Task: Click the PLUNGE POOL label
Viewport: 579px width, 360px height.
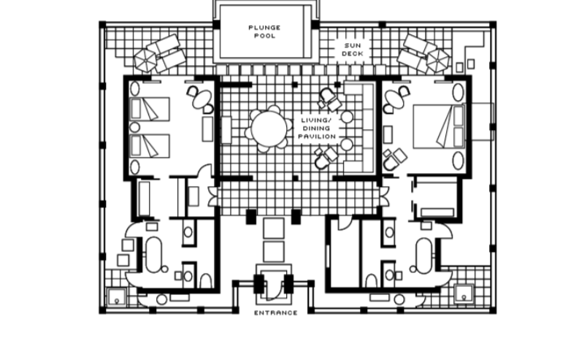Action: pyautogui.click(x=264, y=31)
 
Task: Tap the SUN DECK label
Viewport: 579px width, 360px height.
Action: pyautogui.click(x=352, y=50)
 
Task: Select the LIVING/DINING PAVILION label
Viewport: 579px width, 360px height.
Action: pyautogui.click(x=317, y=129)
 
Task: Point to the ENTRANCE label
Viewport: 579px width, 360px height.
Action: pyautogui.click(x=276, y=313)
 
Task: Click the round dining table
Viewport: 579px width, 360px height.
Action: pyautogui.click(x=269, y=129)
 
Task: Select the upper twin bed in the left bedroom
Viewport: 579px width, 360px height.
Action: pyautogui.click(x=150, y=110)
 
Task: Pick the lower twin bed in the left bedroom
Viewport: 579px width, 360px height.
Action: pyautogui.click(x=150, y=146)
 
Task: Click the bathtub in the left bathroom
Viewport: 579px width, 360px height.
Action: pyautogui.click(x=153, y=255)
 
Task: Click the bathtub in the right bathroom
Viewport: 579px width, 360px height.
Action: pyautogui.click(x=424, y=256)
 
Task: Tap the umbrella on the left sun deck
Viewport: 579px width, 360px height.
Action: pyautogui.click(x=145, y=60)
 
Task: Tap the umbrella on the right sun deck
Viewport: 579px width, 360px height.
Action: pyautogui.click(x=438, y=60)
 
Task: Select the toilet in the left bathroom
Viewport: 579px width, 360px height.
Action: pyautogui.click(x=206, y=281)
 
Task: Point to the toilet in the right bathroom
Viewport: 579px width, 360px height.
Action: pyautogui.click(x=371, y=281)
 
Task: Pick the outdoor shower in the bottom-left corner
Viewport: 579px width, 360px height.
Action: pyautogui.click(x=117, y=297)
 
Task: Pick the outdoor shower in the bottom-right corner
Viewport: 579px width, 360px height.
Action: pyautogui.click(x=464, y=294)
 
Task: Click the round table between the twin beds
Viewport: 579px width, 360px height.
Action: pyautogui.click(x=135, y=127)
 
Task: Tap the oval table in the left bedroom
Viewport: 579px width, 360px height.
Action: pyautogui.click(x=202, y=99)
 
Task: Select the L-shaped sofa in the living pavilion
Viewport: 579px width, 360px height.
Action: pyautogui.click(x=360, y=126)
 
